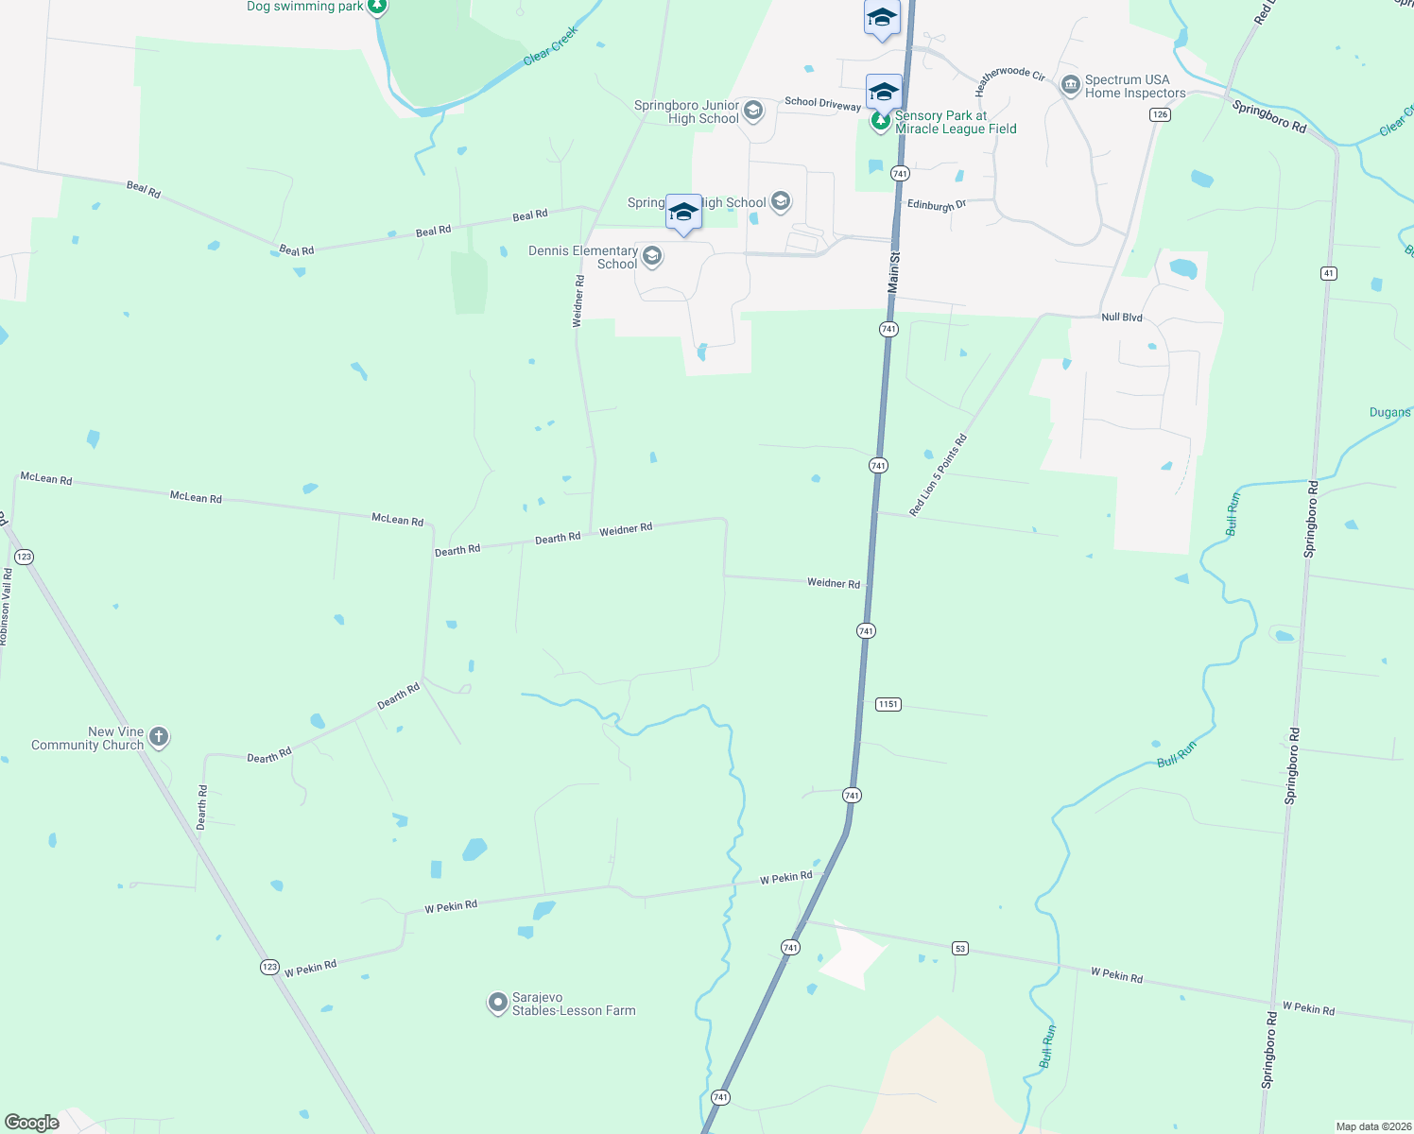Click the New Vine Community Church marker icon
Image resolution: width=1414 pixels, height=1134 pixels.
click(x=159, y=737)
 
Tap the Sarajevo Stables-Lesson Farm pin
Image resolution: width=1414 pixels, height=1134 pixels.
click(x=498, y=1003)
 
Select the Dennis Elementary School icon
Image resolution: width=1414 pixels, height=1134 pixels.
click(x=652, y=256)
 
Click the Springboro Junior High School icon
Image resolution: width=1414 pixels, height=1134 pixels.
click(x=753, y=111)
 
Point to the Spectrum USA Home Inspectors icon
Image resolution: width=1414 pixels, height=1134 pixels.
click(x=1070, y=86)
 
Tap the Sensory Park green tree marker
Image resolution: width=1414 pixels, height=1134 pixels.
click(x=880, y=122)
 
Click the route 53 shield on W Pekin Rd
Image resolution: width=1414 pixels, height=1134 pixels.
click(x=960, y=948)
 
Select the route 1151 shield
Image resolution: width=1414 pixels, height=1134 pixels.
click(x=888, y=704)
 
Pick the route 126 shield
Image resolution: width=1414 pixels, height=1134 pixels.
click(x=1160, y=114)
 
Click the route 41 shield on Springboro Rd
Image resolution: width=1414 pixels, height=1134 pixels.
click(x=1329, y=273)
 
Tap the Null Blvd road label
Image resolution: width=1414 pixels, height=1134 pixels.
click(x=1122, y=318)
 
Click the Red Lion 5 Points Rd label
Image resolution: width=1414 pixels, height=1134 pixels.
click(x=939, y=474)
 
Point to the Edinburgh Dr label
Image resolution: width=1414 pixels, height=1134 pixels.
click(x=936, y=204)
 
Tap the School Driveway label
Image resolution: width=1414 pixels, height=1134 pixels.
click(x=822, y=103)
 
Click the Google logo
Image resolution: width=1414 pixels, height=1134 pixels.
click(x=32, y=1122)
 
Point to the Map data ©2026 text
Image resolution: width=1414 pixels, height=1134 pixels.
click(x=1372, y=1126)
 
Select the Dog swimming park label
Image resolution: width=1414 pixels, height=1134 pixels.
click(x=305, y=7)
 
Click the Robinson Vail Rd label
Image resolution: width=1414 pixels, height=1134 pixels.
click(x=6, y=606)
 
